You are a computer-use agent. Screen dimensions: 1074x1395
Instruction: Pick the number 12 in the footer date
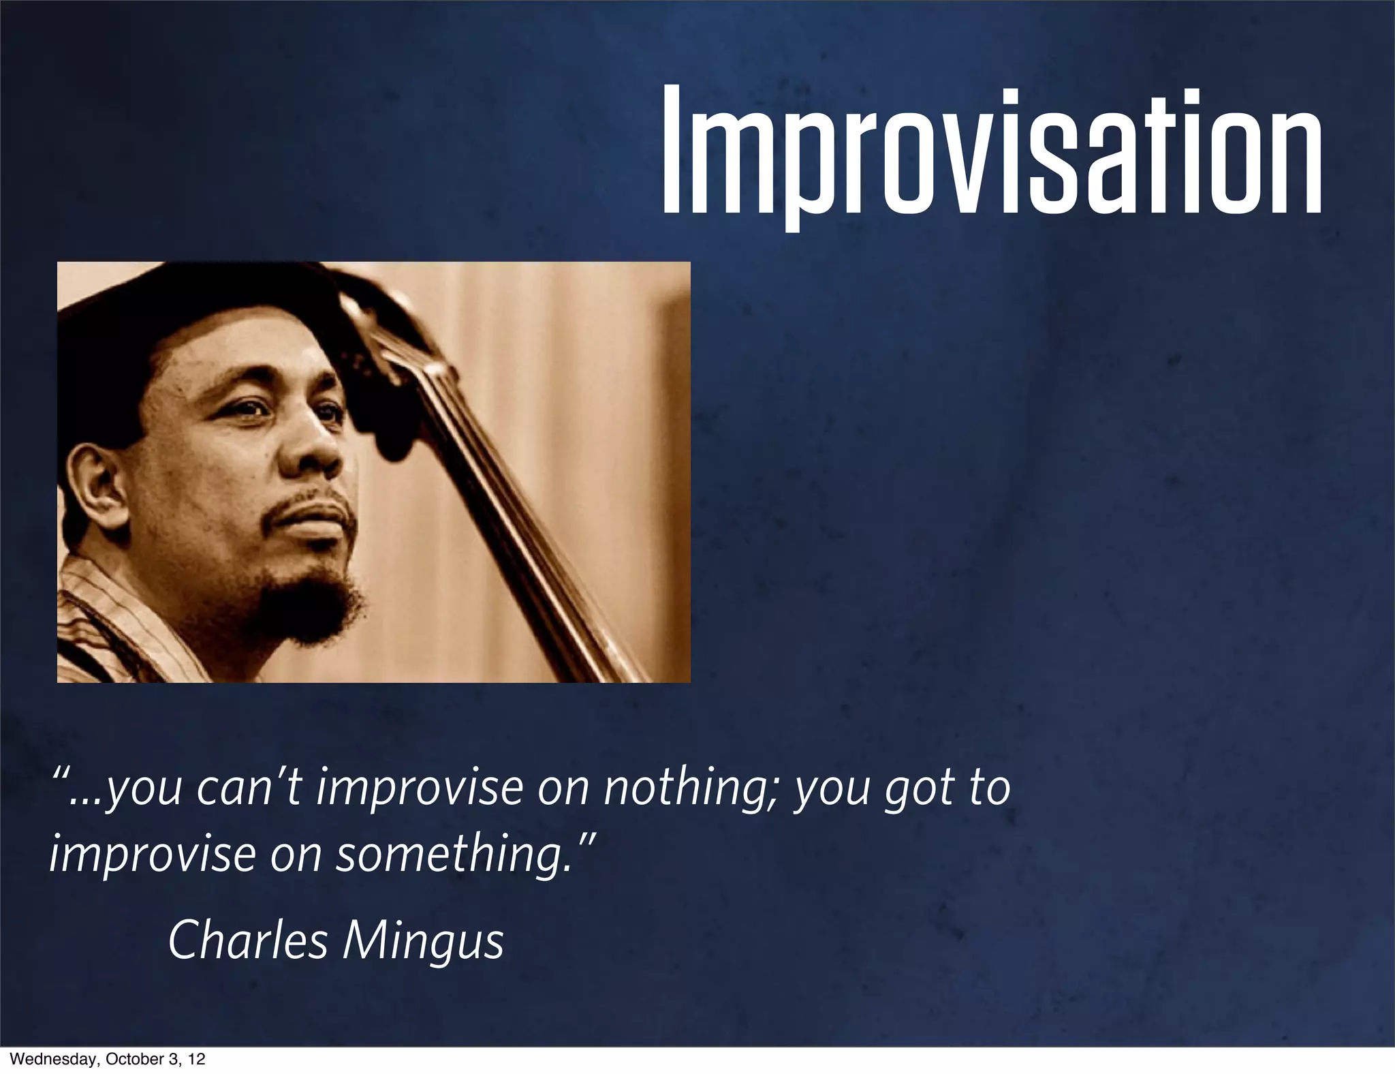196,1060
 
